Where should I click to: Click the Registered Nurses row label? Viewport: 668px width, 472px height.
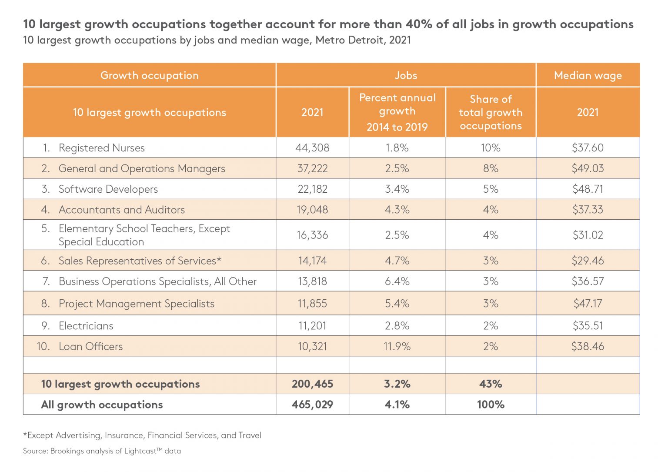(x=101, y=148)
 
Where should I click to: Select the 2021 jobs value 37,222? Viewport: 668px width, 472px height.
(x=312, y=168)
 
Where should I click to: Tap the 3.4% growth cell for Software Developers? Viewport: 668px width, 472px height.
(x=397, y=189)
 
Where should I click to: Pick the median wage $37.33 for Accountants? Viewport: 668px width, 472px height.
(x=588, y=210)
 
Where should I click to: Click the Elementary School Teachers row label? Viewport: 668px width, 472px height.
(x=144, y=235)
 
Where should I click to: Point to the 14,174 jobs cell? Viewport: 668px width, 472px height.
(x=312, y=261)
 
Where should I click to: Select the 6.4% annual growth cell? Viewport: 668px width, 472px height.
(x=397, y=281)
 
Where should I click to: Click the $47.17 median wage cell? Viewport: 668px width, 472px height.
(x=588, y=303)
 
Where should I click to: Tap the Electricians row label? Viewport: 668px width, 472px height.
(x=86, y=326)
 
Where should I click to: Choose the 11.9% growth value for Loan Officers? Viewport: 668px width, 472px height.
(x=397, y=346)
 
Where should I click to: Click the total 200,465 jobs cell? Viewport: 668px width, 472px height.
(x=312, y=384)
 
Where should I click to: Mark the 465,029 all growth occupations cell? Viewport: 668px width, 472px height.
(x=312, y=405)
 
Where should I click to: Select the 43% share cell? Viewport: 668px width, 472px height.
(x=491, y=384)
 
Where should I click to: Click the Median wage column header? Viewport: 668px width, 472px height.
(x=588, y=75)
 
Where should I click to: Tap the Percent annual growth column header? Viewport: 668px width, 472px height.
(x=397, y=112)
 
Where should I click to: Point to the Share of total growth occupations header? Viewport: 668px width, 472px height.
(x=491, y=112)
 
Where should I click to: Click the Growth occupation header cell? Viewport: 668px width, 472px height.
(x=149, y=75)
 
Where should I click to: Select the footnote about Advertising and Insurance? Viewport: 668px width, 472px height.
(x=142, y=435)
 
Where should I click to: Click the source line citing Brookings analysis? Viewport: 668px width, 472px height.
(x=102, y=451)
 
